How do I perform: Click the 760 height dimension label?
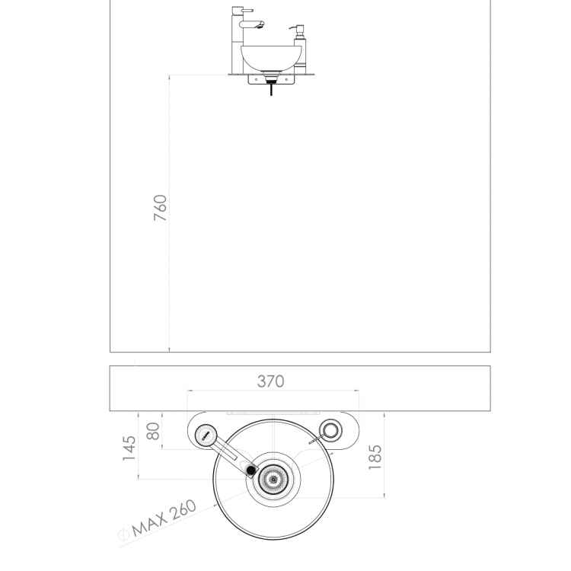pyautogui.click(x=160, y=208)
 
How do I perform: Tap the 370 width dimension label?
pyautogui.click(x=270, y=381)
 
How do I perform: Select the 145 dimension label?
pyautogui.click(x=129, y=448)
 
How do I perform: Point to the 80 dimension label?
pyautogui.click(x=153, y=431)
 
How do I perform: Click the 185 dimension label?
pyautogui.click(x=375, y=457)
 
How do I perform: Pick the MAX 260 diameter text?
pyautogui.click(x=164, y=518)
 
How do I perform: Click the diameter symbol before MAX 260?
pyautogui.click(x=124, y=534)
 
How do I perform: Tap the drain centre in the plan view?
pyautogui.click(x=273, y=479)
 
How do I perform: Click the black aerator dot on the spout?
pyautogui.click(x=251, y=471)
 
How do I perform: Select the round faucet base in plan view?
pyautogui.click(x=206, y=435)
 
